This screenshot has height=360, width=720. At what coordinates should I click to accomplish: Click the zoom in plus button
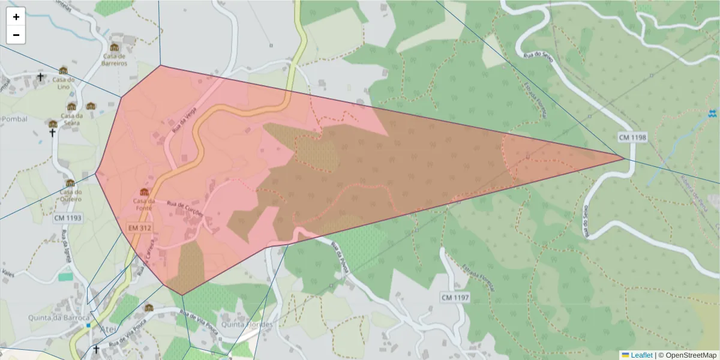16,17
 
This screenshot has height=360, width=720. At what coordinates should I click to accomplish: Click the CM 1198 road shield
632,138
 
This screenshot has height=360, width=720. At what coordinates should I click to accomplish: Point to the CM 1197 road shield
455,298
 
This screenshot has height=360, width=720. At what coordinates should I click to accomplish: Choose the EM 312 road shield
139,229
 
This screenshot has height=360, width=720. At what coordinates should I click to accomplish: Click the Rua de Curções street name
186,208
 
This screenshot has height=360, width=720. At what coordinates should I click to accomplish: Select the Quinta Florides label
247,325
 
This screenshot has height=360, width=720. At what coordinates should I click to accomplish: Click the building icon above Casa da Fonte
144,191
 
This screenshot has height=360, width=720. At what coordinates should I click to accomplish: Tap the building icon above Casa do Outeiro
70,183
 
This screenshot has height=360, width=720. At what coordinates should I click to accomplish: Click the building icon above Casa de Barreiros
114,47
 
